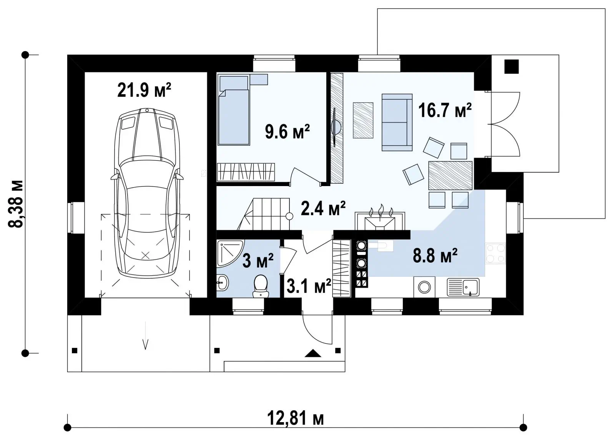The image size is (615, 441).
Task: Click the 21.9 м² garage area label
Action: pyautogui.click(x=144, y=90)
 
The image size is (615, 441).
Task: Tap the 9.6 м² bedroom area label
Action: pyautogui.click(x=287, y=131)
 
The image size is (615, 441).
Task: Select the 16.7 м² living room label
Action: pyautogui.click(x=445, y=110)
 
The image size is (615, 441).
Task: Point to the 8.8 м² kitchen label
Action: pyautogui.click(x=435, y=256)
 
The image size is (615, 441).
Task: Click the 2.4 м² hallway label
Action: pyautogui.click(x=323, y=208)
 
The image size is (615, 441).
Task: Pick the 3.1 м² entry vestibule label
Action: pyautogui.click(x=309, y=286)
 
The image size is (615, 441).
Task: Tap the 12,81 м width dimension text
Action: pyautogui.click(x=296, y=419)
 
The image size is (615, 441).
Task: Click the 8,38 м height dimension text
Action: pyautogui.click(x=16, y=204)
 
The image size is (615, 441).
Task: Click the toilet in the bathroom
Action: pyautogui.click(x=261, y=286)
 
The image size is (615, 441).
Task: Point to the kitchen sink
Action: pyautogui.click(x=463, y=287)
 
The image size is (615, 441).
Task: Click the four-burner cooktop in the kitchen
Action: pyautogui.click(x=495, y=253)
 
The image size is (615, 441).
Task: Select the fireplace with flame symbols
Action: pyautogui.click(x=380, y=218)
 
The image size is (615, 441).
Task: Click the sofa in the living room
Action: pyautogui.click(x=397, y=123)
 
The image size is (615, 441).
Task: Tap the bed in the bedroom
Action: pyautogui.click(x=234, y=110)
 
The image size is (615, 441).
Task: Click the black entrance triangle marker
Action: pyautogui.click(x=313, y=353)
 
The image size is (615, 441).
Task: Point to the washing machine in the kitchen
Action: pyautogui.click(x=424, y=287)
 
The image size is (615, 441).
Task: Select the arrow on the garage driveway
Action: pyautogui.click(x=145, y=336)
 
